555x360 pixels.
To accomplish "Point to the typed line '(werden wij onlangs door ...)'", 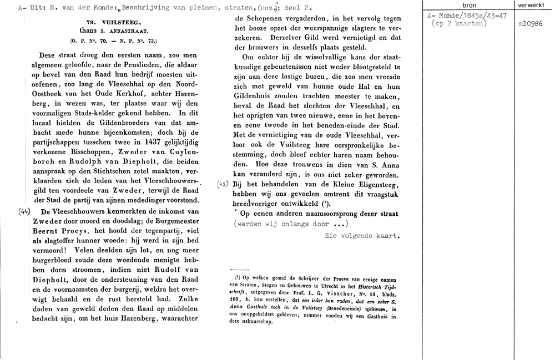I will [x=291, y=224].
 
